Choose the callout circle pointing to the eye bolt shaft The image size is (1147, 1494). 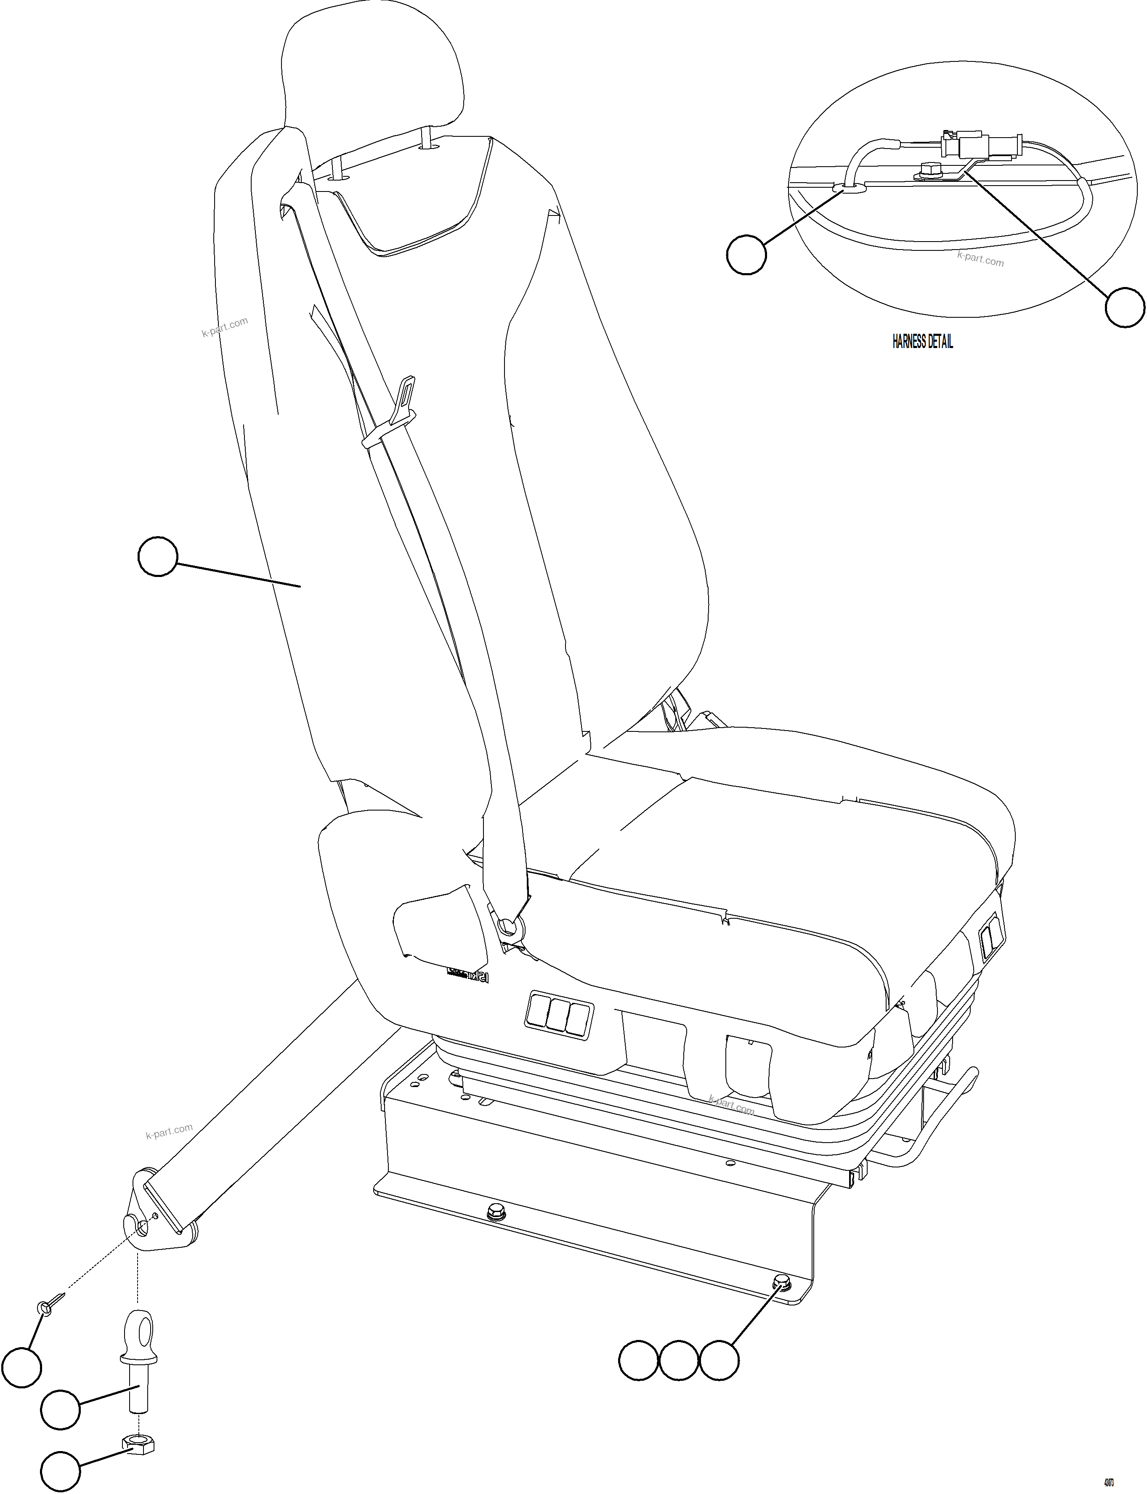coord(61,1409)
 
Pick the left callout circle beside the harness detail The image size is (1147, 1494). coord(746,255)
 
